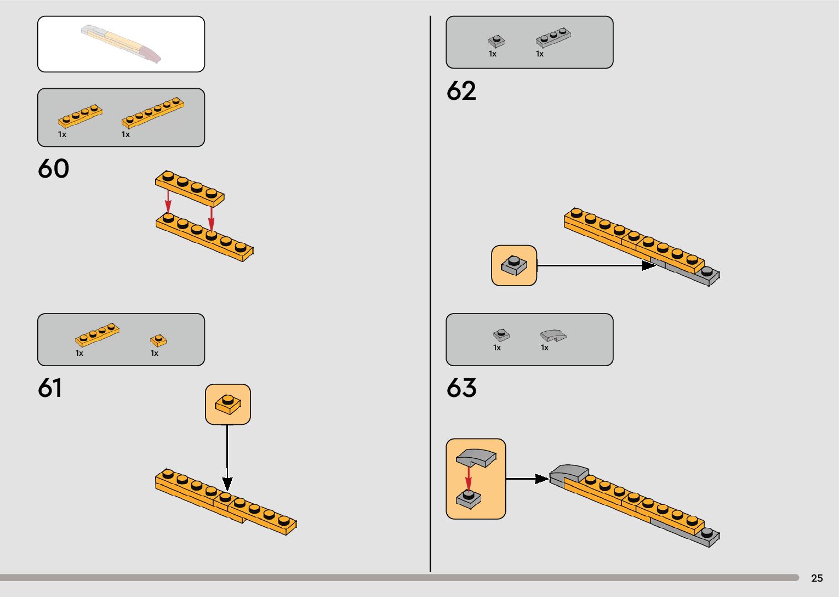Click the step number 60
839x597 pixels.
point(53,169)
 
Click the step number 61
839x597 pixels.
point(50,388)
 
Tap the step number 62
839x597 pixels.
point(461,91)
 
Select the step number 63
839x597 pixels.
point(461,388)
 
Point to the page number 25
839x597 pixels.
point(817,578)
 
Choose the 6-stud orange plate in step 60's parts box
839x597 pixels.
point(153,112)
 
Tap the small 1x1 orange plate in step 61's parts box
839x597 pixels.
point(158,340)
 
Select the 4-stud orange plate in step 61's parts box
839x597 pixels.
point(97,334)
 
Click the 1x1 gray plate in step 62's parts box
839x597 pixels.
point(496,41)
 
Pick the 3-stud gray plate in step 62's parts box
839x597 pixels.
point(553,37)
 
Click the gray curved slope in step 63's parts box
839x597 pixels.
point(553,336)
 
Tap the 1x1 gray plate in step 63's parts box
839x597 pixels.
point(501,334)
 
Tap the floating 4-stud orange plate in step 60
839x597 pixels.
point(190,187)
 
